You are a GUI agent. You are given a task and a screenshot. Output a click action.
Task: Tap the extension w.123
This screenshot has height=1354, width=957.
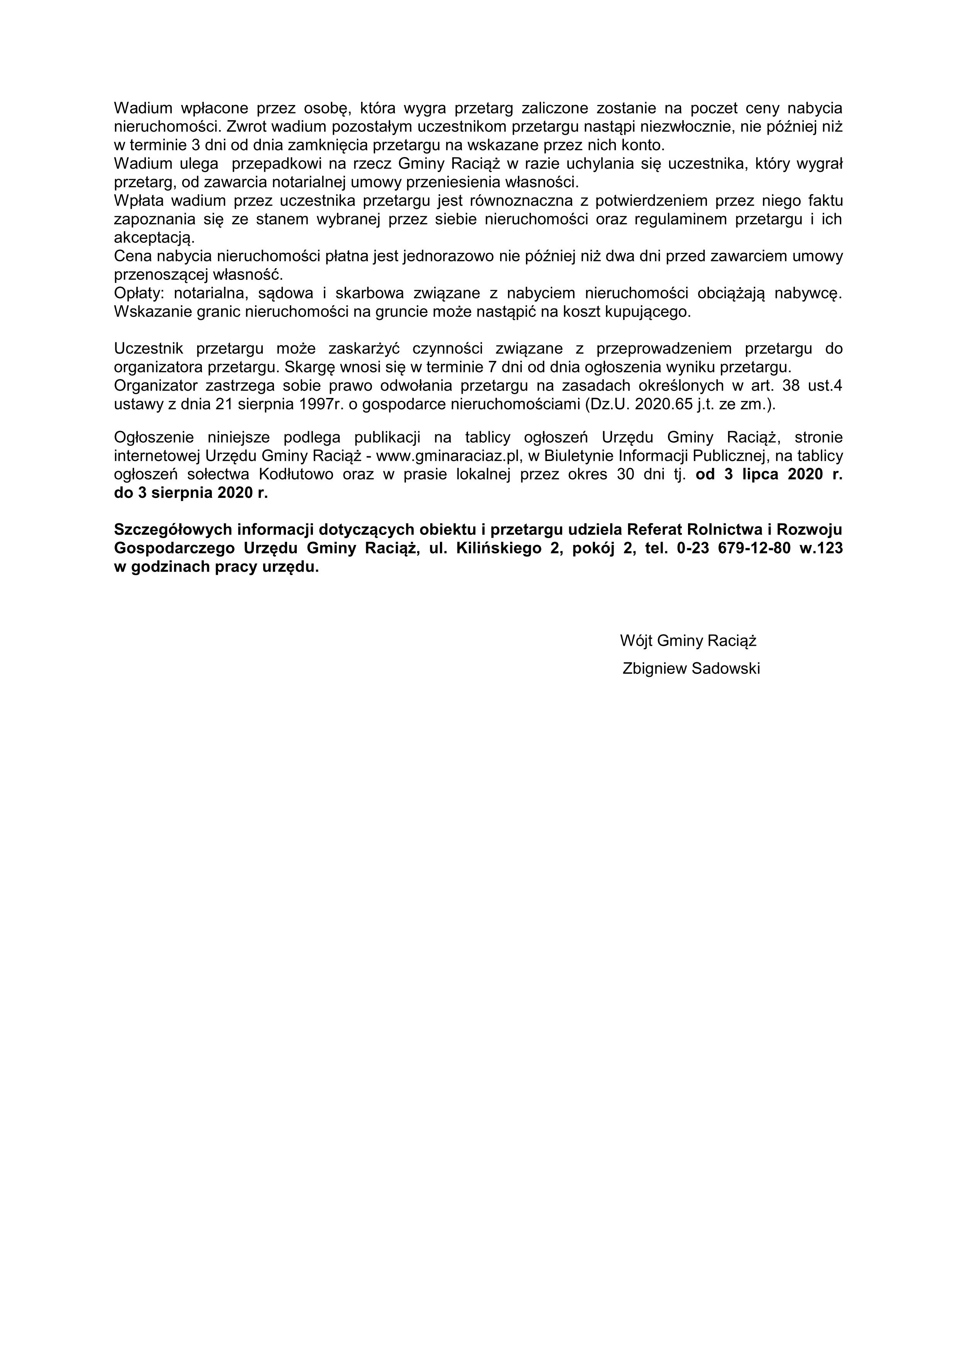[x=821, y=548]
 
